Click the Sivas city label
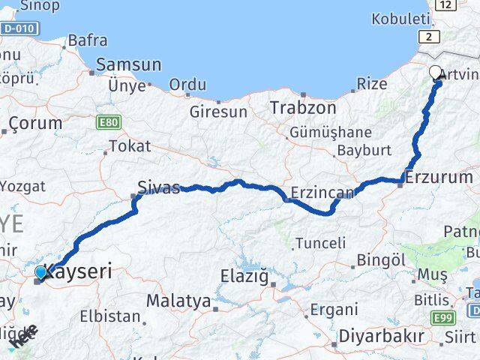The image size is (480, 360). [159, 187]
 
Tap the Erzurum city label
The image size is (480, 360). [439, 178]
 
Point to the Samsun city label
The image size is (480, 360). [128, 65]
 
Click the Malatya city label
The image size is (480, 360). [178, 301]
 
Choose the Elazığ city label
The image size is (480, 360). [244, 277]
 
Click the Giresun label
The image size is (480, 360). [218, 112]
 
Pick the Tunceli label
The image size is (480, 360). [320, 243]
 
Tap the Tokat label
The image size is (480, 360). [130, 146]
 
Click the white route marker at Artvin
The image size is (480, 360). [436, 73]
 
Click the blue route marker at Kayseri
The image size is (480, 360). [40, 272]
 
